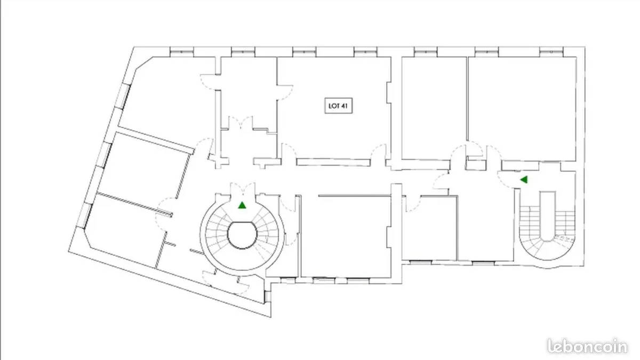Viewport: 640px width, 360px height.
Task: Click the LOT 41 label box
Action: pos(339,106)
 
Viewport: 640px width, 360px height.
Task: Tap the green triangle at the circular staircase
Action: pos(242,205)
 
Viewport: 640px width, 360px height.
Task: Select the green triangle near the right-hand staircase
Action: pos(524,180)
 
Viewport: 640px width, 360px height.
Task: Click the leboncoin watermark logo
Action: pos(587,346)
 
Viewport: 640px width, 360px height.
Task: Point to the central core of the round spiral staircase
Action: pos(242,235)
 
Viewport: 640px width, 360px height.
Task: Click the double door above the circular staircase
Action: pos(243,189)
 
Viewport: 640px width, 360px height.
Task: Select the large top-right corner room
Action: pos(522,109)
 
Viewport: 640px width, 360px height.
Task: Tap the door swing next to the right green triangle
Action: pos(506,179)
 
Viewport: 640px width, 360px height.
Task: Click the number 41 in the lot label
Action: pos(345,106)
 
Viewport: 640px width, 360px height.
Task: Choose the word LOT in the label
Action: pos(334,106)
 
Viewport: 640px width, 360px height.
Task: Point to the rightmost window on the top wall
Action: pos(551,52)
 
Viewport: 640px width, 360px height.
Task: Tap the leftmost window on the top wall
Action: pos(182,52)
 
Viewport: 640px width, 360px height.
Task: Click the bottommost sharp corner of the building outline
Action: pos(270,317)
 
